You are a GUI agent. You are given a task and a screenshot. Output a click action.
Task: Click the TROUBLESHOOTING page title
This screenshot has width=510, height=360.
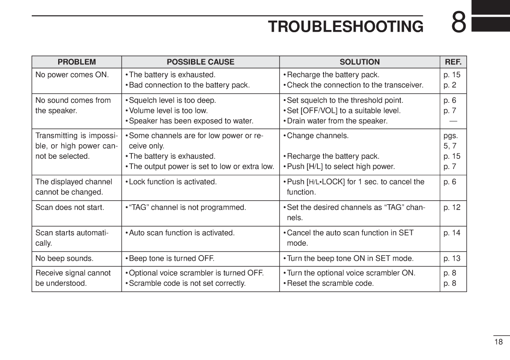pos(346,26)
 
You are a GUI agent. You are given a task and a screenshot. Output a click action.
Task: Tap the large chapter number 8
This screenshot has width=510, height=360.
pos(458,22)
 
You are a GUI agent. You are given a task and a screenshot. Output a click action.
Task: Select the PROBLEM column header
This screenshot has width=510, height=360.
pos(77,62)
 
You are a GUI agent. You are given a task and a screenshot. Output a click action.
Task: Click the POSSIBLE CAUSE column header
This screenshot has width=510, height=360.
pos(201,62)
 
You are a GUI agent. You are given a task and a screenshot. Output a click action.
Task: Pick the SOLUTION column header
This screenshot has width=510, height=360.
pos(360,62)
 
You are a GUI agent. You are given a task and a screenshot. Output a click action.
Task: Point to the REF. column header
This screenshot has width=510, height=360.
pos(453,62)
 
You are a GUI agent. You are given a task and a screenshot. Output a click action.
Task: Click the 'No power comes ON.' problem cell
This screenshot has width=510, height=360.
pos(72,75)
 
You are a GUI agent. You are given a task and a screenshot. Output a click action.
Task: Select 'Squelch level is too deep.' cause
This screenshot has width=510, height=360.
pos(172,101)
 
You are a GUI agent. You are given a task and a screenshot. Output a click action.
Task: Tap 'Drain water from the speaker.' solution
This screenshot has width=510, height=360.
pos(337,121)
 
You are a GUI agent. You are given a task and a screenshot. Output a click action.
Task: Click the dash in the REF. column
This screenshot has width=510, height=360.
pos(453,121)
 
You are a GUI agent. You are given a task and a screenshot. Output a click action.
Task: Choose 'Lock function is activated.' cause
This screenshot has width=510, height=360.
pos(172,182)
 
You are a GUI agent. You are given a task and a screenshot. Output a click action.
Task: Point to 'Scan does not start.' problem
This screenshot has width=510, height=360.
pos(70,207)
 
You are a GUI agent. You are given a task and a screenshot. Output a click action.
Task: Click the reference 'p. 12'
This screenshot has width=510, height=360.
pos(452,207)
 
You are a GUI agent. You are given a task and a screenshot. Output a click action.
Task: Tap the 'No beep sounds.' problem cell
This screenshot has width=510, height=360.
pos(64,259)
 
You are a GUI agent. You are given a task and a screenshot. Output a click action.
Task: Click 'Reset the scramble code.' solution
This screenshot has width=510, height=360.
pos(330,283)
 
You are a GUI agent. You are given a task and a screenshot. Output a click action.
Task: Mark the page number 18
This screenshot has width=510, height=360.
pos(499,342)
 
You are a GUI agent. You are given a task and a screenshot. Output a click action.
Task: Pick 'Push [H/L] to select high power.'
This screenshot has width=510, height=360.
pos(340,167)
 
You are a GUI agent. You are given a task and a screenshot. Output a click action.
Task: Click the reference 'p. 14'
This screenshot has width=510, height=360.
pos(452,233)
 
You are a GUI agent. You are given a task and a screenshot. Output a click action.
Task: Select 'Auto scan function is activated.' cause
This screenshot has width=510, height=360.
pos(181,233)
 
